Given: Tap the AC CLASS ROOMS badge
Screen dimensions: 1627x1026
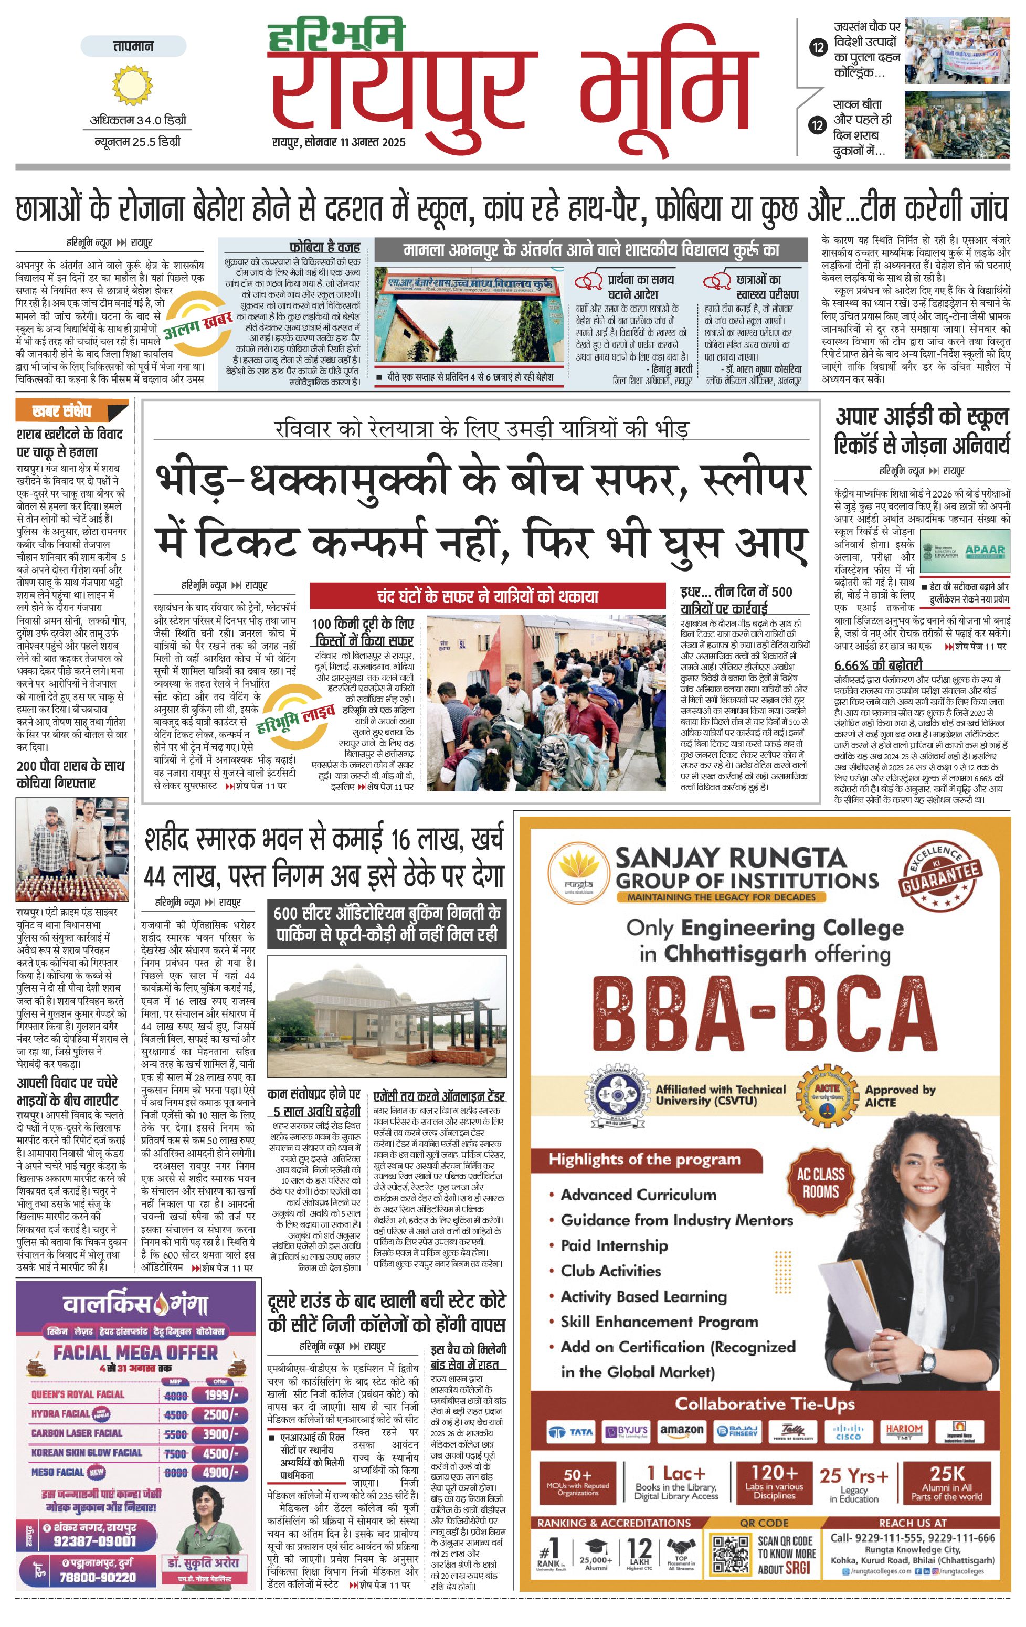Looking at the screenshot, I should coord(820,1182).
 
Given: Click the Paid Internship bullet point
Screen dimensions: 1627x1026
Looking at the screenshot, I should coord(614,1245).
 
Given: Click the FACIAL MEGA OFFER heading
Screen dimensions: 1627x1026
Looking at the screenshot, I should coord(135,1352).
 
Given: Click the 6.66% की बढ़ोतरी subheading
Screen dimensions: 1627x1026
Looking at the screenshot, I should coord(877,665).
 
